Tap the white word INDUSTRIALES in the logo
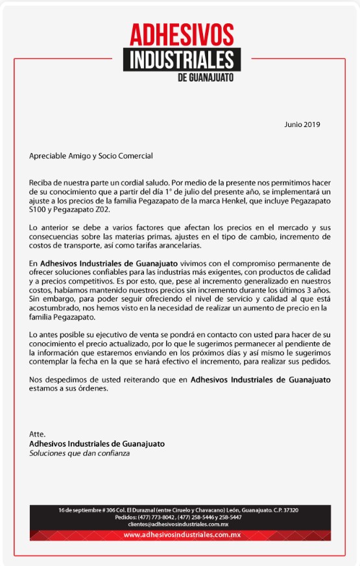[x=182, y=60]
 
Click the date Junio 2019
[x=302, y=124]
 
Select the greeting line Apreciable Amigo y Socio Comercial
[x=91, y=156]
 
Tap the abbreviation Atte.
[x=38, y=434]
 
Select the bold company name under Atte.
[x=97, y=443]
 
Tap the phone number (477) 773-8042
[x=156, y=517]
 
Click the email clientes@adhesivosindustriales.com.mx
[x=178, y=524]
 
